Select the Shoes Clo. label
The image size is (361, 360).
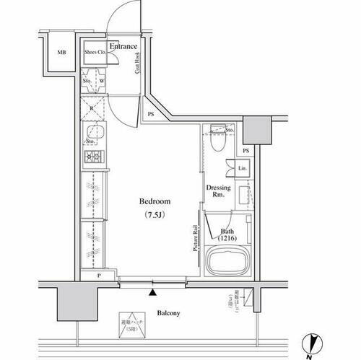(x=95, y=52)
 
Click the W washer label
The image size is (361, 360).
(x=101, y=82)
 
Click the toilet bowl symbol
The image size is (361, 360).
(x=221, y=142)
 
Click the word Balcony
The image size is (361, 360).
(x=168, y=313)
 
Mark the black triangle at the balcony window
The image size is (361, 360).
(x=152, y=292)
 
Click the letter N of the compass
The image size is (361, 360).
(x=308, y=354)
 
